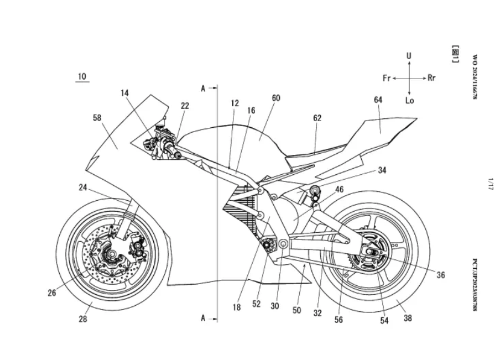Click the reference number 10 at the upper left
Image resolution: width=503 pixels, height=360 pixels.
click(x=82, y=77)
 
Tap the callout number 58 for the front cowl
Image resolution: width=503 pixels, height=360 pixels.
click(x=97, y=118)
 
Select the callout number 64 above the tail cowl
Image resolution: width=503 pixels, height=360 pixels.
click(x=378, y=99)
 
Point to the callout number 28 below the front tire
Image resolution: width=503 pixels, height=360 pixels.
click(x=83, y=318)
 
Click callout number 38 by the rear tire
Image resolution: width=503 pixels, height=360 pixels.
click(x=408, y=318)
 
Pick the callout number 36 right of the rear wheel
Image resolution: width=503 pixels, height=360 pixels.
click(x=441, y=274)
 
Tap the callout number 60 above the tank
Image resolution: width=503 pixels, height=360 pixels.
click(x=276, y=98)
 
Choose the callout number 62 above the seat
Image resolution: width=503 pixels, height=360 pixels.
click(x=317, y=118)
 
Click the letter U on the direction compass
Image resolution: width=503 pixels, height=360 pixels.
click(x=409, y=56)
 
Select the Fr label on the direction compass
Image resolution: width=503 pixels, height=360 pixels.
click(x=387, y=78)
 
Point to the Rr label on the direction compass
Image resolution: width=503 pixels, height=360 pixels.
click(x=431, y=78)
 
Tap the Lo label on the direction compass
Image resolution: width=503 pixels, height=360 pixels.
click(x=410, y=101)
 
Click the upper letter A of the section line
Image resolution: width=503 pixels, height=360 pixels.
click(x=203, y=88)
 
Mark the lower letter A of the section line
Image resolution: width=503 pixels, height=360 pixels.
click(x=203, y=318)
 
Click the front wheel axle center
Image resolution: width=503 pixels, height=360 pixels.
click(x=112, y=254)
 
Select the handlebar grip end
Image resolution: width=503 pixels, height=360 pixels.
click(x=176, y=156)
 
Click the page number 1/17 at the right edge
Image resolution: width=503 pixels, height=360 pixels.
click(x=490, y=184)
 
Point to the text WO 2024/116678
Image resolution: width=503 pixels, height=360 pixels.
click(x=475, y=77)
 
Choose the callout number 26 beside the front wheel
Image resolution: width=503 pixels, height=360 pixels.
click(x=52, y=292)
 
